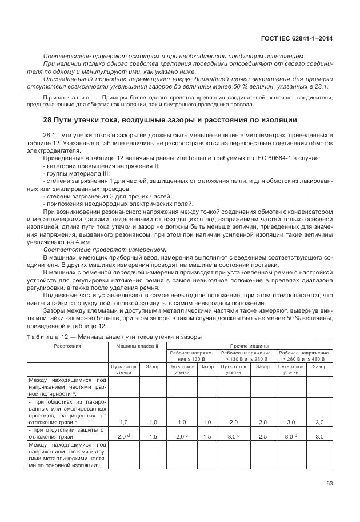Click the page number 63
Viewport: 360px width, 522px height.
click(329, 483)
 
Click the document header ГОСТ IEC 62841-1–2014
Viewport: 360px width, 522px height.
click(296, 38)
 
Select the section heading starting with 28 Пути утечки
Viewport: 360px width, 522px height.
click(170, 120)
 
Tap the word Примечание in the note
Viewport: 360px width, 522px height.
click(62, 98)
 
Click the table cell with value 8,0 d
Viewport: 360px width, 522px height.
click(293, 436)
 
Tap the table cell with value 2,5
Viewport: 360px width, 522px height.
click(262, 436)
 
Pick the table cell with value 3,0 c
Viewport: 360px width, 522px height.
click(234, 436)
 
